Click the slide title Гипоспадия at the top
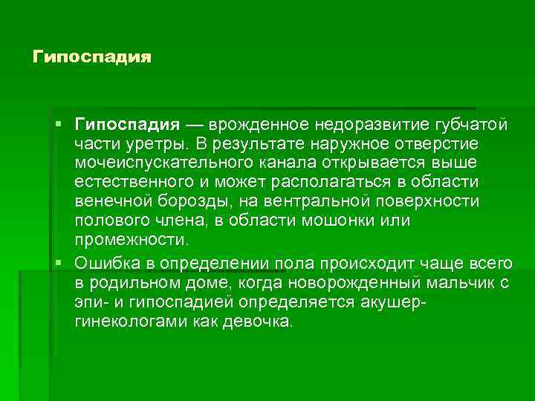[92, 57]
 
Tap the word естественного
[141, 181]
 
